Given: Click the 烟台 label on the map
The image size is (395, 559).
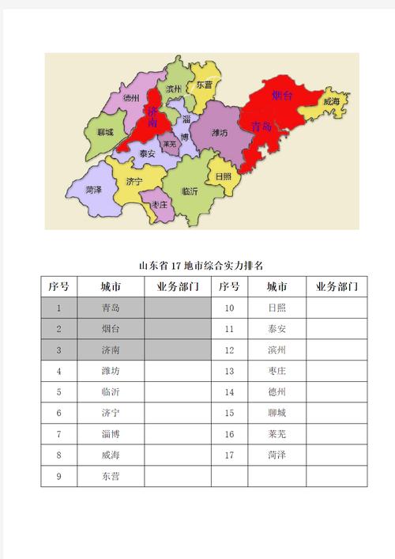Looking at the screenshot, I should tap(283, 96).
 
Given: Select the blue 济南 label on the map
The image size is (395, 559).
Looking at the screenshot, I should tap(152, 118).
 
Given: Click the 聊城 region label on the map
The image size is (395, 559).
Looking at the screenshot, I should tap(105, 133).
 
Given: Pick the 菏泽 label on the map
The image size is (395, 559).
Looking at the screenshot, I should tap(94, 190).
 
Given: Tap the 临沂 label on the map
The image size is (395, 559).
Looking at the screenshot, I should tap(190, 191).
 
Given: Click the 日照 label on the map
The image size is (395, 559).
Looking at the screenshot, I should tap(224, 176).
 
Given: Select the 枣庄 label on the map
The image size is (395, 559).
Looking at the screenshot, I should tap(160, 205).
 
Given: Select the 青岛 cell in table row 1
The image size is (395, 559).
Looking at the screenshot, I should tap(111, 308).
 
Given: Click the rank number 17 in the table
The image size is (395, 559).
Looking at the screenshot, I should tap(230, 455).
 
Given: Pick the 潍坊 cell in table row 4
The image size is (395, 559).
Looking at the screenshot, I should tap(111, 370).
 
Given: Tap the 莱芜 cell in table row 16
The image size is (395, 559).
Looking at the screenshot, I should tap(276, 433).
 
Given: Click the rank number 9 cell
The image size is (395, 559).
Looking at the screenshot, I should tap(59, 476).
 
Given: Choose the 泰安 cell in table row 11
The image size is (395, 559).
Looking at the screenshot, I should tap(276, 328).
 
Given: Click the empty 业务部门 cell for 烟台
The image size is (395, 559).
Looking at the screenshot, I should tap(178, 328).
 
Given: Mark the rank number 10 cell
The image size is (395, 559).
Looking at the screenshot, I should tap(230, 308).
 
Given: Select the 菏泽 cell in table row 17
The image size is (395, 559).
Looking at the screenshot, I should tap(276, 455).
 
